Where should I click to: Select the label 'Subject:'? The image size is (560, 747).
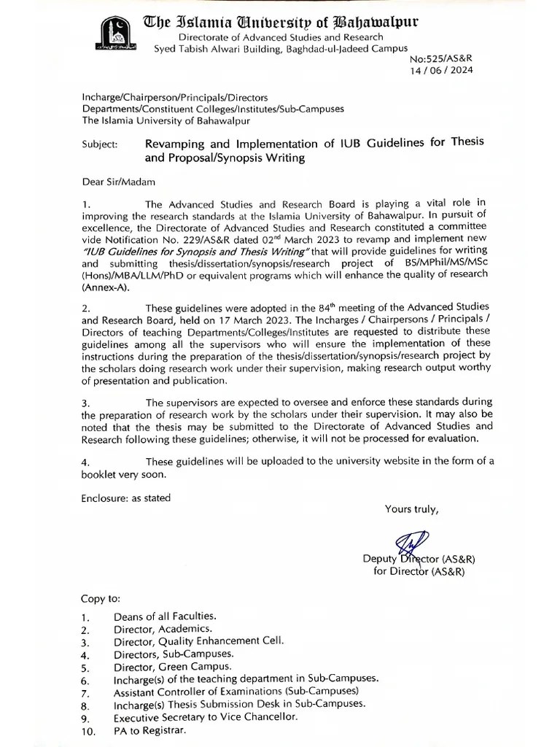click(99, 144)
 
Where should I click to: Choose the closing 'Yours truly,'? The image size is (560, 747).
click(412, 509)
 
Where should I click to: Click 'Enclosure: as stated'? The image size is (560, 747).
click(125, 498)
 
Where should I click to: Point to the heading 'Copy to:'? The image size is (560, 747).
click(101, 599)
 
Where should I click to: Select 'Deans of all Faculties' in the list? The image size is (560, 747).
click(165, 616)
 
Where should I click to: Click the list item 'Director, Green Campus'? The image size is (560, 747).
click(172, 666)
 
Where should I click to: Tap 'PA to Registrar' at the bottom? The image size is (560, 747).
click(149, 730)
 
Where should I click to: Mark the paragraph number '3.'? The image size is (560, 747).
click(85, 403)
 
